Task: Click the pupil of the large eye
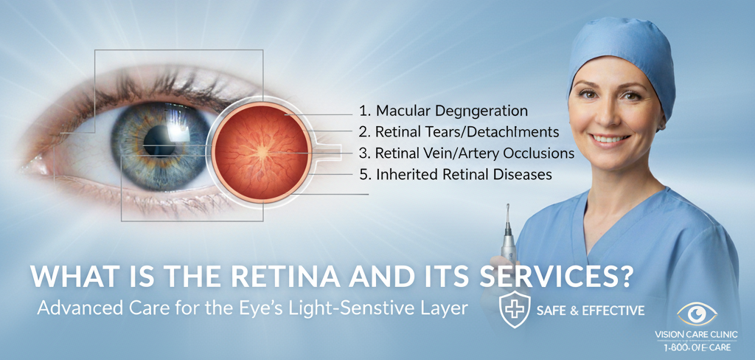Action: [157, 139]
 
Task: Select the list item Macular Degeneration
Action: [444, 111]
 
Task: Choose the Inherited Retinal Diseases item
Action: [456, 176]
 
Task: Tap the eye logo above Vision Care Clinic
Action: [697, 314]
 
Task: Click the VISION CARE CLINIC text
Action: [696, 334]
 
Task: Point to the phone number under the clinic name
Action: [696, 346]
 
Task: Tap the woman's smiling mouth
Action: [611, 138]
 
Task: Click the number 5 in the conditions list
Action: [363, 176]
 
